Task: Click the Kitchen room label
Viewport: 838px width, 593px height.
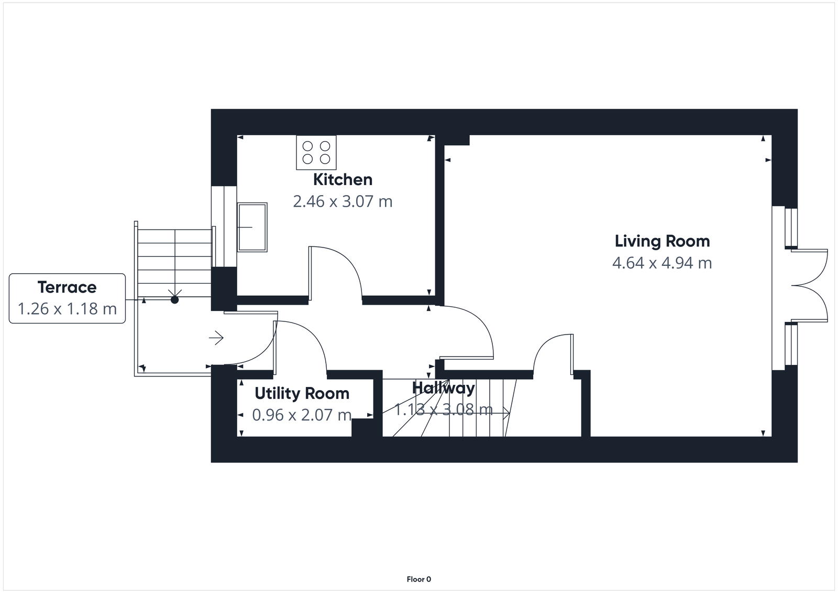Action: (x=343, y=179)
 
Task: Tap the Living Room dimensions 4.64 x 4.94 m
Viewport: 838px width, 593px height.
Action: (x=662, y=263)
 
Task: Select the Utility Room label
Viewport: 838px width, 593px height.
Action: (x=302, y=393)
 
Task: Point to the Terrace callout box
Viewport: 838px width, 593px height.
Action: (x=68, y=298)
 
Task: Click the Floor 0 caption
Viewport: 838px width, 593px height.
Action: (x=418, y=579)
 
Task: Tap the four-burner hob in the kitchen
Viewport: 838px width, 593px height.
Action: (x=316, y=152)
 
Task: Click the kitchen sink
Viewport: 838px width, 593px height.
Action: (x=252, y=227)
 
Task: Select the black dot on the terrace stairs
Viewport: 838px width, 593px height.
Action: (x=174, y=300)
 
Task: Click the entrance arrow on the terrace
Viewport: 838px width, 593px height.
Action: (x=216, y=338)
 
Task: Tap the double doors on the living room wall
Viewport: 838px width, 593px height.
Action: (x=809, y=286)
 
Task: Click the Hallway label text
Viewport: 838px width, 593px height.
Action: (x=443, y=388)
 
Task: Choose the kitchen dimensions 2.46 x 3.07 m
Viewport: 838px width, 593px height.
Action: (x=343, y=201)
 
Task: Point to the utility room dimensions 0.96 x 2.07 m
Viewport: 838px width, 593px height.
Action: (x=302, y=415)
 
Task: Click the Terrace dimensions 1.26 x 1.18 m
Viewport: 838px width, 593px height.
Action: (x=68, y=308)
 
